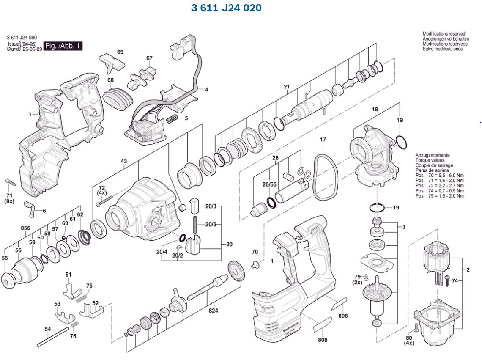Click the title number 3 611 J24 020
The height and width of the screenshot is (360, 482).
point(226,8)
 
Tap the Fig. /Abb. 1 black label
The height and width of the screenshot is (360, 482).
point(64,46)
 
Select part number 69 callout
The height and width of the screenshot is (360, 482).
point(120,52)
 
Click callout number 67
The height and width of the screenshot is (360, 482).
point(149,58)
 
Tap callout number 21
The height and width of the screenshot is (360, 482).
point(287,87)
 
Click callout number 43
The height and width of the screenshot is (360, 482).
point(124,161)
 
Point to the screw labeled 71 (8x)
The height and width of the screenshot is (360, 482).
point(11,183)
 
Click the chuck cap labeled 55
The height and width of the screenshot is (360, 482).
point(9,280)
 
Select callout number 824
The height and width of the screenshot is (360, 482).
point(214,311)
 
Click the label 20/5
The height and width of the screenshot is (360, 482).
point(211,224)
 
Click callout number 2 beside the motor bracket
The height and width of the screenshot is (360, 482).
point(468,269)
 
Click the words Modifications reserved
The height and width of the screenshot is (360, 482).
point(444,34)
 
